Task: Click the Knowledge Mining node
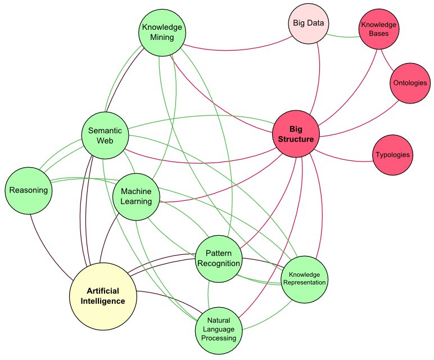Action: click(x=162, y=32)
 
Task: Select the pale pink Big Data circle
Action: click(x=307, y=24)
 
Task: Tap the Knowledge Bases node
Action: click(x=378, y=29)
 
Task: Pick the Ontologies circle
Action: click(x=409, y=83)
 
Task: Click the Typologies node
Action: click(x=392, y=154)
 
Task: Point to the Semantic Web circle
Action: click(x=105, y=135)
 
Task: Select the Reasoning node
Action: click(x=28, y=190)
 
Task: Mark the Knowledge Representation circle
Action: click(x=304, y=278)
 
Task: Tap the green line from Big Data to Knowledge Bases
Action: click(x=343, y=35)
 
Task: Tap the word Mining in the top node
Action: click(x=162, y=37)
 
